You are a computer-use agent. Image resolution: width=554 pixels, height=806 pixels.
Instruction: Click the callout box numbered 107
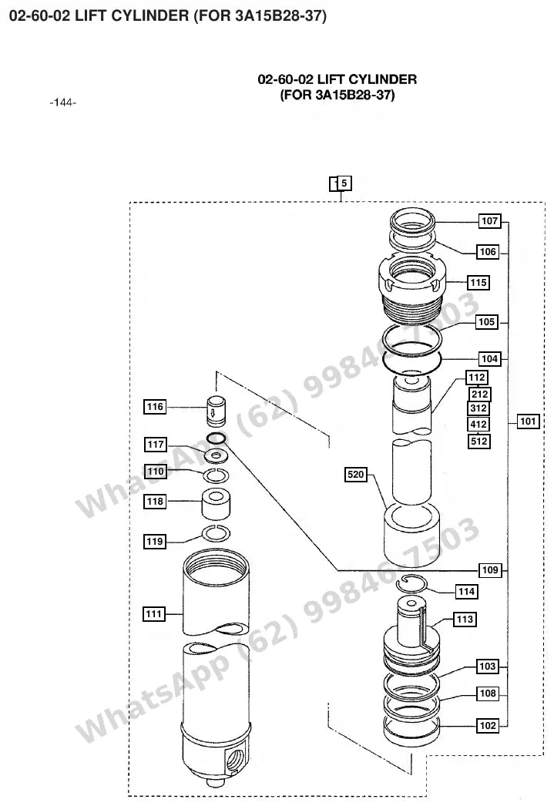click(489, 221)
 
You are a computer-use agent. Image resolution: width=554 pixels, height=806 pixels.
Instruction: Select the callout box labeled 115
click(478, 282)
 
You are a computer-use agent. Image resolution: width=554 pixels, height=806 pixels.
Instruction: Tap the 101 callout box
click(528, 421)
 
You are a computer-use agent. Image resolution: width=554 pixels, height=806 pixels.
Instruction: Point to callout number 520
click(356, 474)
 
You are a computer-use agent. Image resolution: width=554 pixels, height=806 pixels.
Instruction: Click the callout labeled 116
click(155, 407)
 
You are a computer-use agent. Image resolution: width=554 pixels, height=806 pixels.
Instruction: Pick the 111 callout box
click(153, 614)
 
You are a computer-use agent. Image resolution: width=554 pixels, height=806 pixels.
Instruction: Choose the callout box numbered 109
click(490, 569)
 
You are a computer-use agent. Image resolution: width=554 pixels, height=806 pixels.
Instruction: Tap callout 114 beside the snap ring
click(466, 592)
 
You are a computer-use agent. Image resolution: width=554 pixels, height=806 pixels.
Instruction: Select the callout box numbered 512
click(479, 441)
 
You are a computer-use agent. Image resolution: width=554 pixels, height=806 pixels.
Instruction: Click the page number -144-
click(63, 102)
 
